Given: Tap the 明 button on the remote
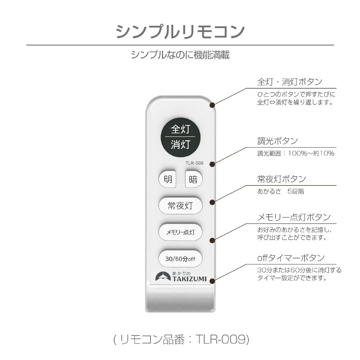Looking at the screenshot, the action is pos(167,179).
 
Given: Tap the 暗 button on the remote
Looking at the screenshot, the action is pos(194,179).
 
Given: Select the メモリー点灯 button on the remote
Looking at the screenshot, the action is pos(180,232).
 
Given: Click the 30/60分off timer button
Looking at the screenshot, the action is pos(180,259).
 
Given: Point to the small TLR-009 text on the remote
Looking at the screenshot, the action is pos(194,163).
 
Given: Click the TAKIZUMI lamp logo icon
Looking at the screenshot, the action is pos(163,276).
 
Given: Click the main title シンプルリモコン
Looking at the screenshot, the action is pos(180,31).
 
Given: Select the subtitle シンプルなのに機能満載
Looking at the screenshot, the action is pos(180,55).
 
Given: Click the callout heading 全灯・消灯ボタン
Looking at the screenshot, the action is pos(290,81).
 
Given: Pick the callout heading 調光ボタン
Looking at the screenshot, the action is pos(278,141).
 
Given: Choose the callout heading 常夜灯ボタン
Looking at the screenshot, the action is pos(282,179).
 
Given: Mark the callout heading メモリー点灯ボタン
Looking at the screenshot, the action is pos(294,217).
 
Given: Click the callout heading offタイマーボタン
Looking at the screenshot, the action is pos(291,258).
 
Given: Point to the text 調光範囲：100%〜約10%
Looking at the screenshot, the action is pos(296,153).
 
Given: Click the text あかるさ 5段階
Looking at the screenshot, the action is pos(280,191).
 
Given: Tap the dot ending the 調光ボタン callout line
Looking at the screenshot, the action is pos(212,164).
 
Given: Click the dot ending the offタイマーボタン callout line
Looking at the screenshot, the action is pos(212,281).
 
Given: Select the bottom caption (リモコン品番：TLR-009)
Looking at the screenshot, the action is pos(181,339).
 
